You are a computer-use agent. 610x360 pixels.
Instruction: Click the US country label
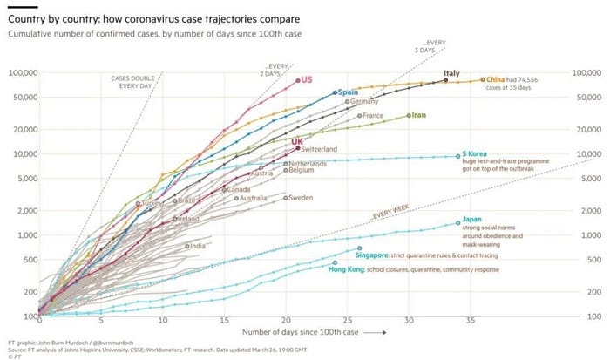(x=307, y=79)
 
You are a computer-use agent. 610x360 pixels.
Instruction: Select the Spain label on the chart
(x=349, y=92)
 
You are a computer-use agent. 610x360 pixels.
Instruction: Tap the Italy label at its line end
(x=451, y=73)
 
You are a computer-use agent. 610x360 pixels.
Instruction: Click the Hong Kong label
(x=347, y=268)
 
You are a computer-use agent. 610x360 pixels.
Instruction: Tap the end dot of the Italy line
(x=446, y=80)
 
